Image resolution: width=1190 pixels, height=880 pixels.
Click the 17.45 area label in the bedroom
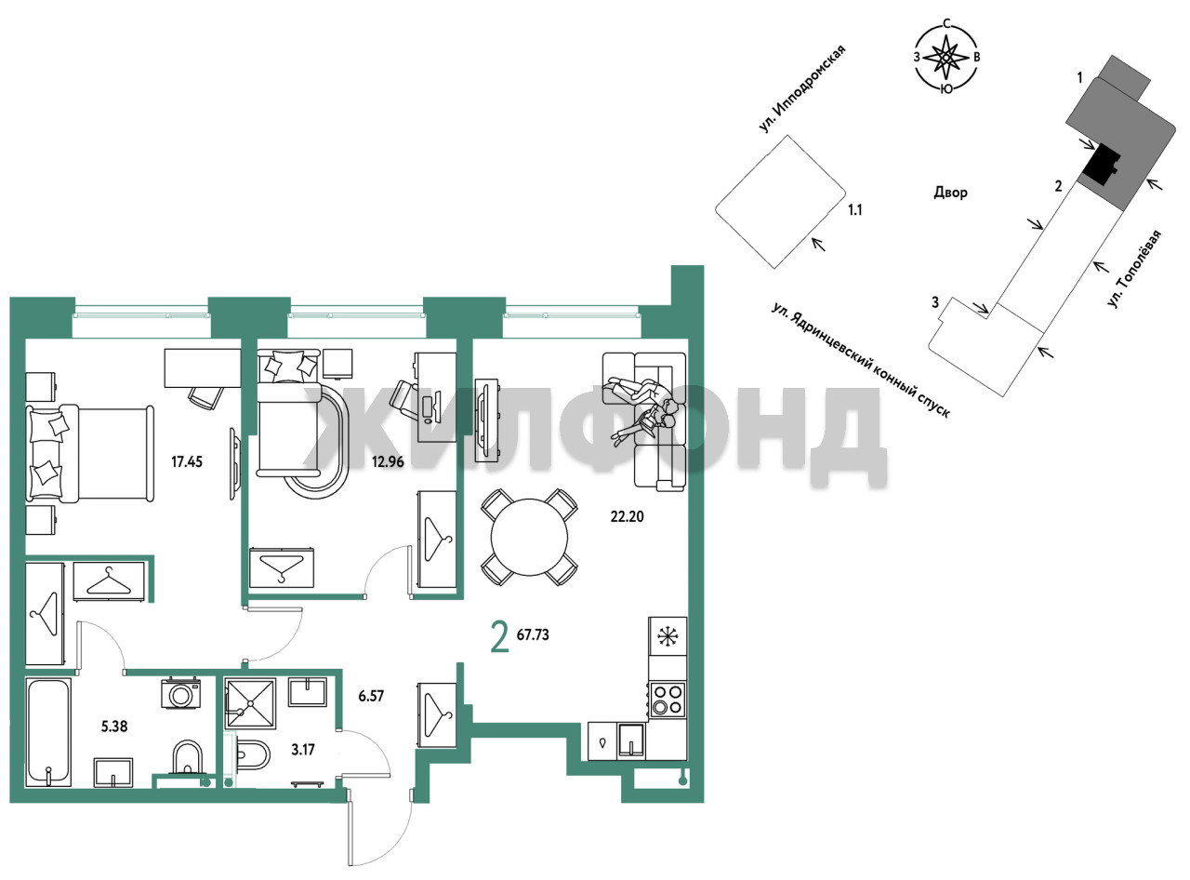pos(187,461)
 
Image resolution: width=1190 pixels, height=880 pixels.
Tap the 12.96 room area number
pos(388,461)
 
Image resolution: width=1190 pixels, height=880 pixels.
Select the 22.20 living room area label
pos(627,516)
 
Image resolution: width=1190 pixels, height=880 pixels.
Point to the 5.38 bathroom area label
pos(114,727)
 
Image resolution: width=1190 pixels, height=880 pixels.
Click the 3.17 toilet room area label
pos(303,750)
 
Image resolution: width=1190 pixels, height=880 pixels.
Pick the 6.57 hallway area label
pos(371,697)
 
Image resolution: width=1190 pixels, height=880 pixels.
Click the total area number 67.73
pos(533,634)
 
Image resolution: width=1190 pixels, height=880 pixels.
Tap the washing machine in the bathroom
pos(180,694)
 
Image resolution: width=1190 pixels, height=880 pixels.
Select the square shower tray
pos(250,703)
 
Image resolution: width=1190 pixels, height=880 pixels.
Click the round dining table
pos(529,537)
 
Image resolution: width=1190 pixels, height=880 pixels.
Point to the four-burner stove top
pos(668,699)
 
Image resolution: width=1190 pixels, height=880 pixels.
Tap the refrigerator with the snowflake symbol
pos(668,636)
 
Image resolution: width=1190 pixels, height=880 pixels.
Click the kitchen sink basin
pos(631,741)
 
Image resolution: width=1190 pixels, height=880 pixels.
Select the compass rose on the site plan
pos(947,57)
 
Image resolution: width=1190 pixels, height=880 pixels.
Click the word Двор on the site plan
pos(951,192)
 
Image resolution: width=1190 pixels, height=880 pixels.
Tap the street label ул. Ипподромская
pos(801,88)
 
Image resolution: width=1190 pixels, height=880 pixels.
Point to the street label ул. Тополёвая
pos(1133,269)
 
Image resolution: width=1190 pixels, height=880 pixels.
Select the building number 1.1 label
pos(854,209)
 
